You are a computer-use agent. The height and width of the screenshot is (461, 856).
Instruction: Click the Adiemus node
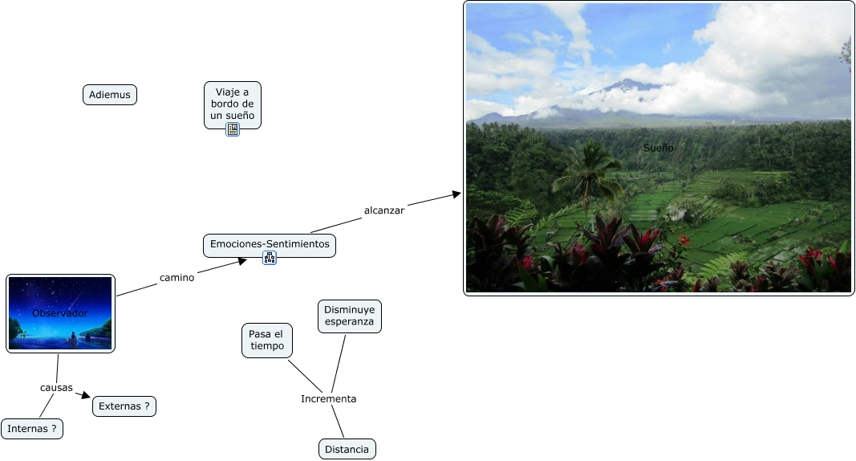pos(110,95)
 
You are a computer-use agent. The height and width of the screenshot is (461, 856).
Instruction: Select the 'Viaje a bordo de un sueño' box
pos(233,104)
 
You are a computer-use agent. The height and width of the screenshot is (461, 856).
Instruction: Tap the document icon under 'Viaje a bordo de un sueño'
pos(233,129)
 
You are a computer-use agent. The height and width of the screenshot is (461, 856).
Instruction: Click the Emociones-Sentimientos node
pos(270,244)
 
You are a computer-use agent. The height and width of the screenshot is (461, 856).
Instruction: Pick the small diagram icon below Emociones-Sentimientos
pos(270,258)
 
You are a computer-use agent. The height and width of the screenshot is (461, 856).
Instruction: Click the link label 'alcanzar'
pos(384,210)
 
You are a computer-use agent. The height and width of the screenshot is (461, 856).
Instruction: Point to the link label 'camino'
pos(176,278)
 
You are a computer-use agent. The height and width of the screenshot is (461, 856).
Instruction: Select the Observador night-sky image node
pos(60,313)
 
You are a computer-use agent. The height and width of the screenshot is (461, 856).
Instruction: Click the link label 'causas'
pos(56,388)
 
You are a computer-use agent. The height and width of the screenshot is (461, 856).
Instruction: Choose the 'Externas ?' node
pos(124,406)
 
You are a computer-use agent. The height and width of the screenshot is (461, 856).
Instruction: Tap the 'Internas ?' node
pos(32,429)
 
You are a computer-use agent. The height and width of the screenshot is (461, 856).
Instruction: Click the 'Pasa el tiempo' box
pos(266,340)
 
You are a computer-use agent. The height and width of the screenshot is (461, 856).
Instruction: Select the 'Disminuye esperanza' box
pos(349,316)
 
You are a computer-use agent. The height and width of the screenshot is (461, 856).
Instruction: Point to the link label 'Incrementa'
pos(328,399)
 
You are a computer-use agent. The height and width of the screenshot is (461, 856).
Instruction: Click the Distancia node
pos(347,449)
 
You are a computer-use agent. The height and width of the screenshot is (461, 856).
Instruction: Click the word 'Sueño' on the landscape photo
pos(658,148)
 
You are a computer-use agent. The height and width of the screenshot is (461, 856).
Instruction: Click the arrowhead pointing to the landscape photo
pos(457,194)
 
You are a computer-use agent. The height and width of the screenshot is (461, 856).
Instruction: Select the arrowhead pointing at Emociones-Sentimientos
pos(242,260)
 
